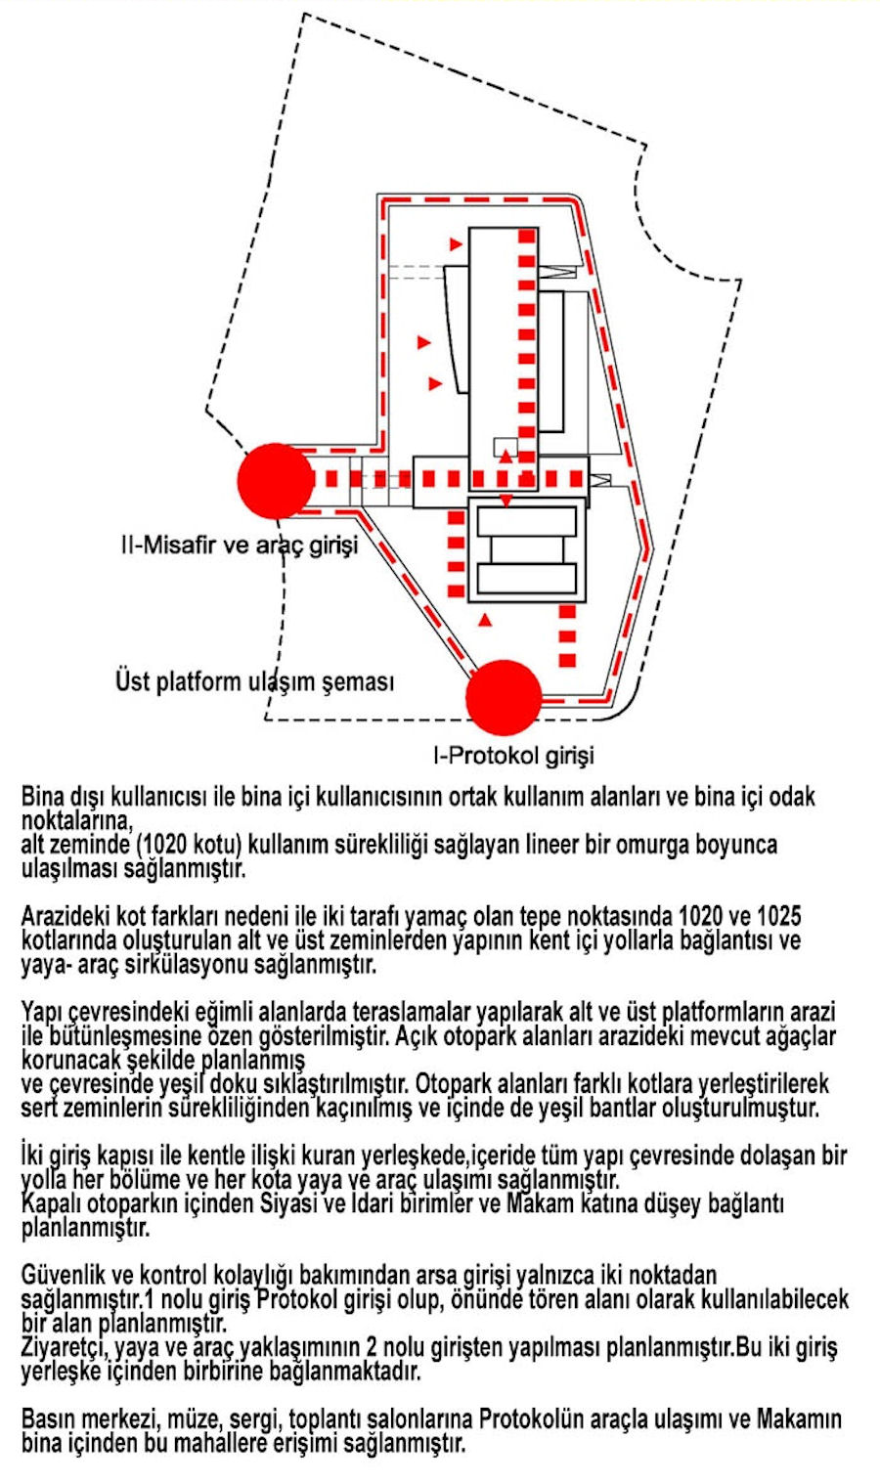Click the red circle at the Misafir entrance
[277, 481]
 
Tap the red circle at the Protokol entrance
[504, 698]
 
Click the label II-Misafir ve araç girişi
[240, 545]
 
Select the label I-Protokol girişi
[513, 755]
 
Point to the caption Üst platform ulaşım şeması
[254, 680]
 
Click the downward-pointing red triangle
[506, 502]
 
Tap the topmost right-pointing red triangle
[455, 242]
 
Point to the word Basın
[49, 1419]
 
